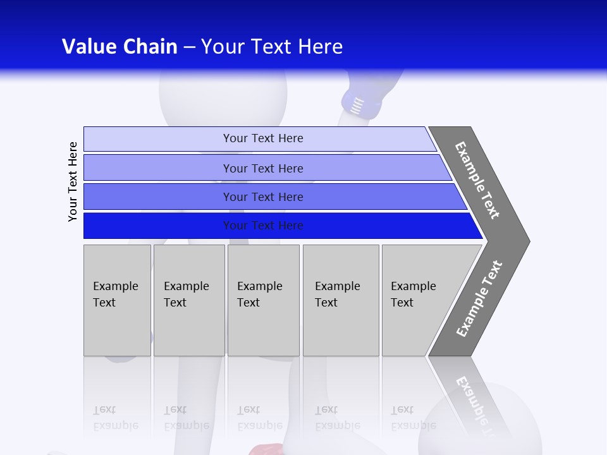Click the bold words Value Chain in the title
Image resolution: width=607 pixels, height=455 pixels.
[120, 47]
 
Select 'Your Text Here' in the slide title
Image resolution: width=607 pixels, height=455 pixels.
[272, 47]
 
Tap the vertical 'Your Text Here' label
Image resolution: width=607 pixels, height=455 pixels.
[73, 181]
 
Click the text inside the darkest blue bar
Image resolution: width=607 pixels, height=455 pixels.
[263, 226]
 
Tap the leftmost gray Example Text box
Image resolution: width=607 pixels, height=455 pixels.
[117, 300]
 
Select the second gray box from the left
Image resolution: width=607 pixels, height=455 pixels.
[189, 300]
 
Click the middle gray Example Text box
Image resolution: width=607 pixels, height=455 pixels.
[263, 300]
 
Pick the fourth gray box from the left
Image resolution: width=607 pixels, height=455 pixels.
[341, 300]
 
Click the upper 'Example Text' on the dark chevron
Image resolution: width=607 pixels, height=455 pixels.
[477, 180]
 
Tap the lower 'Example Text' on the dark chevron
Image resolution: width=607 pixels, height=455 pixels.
[479, 299]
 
